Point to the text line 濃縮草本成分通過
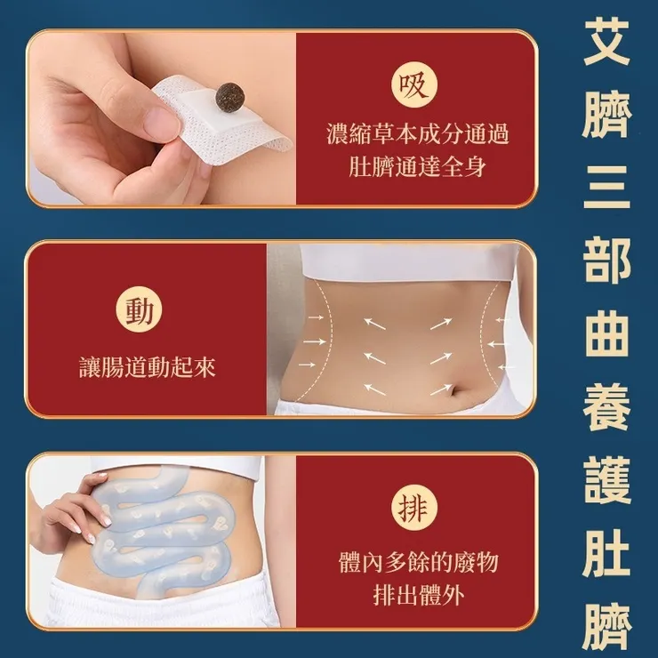(416, 136)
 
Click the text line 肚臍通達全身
(416, 166)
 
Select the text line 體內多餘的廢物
(416, 563)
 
